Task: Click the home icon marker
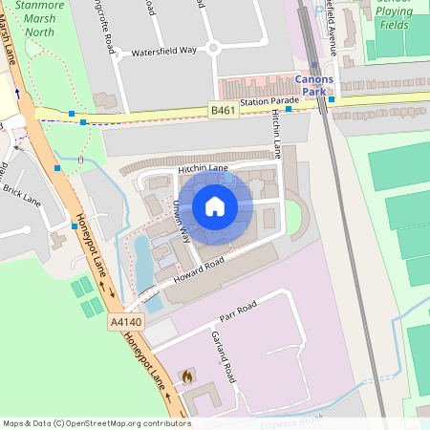[215, 206]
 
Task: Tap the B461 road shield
[223, 111]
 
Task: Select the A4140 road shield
[125, 323]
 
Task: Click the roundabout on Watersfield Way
[213, 47]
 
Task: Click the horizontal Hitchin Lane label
[203, 169]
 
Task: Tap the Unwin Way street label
[182, 225]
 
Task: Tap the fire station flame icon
[187, 376]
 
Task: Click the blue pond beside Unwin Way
[143, 263]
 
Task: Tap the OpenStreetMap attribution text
[97, 422]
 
